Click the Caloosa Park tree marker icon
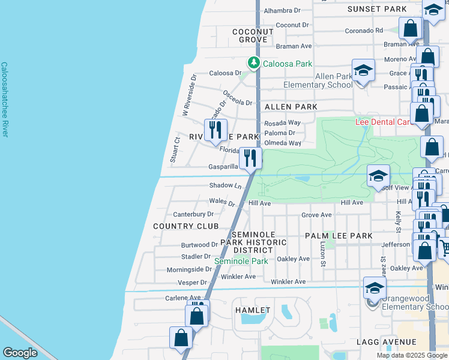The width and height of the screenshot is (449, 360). click(x=254, y=62)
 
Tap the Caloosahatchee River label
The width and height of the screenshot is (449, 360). click(x=4, y=99)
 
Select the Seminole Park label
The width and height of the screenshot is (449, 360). click(x=241, y=261)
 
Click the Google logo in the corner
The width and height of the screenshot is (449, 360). click(x=20, y=353)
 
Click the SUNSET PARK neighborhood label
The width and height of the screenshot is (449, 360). click(x=377, y=9)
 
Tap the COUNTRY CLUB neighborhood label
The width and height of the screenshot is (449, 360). click(x=185, y=226)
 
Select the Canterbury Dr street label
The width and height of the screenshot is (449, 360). click(x=193, y=214)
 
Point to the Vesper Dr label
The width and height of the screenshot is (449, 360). click(x=195, y=282)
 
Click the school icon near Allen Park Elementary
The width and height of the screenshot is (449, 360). click(x=363, y=71)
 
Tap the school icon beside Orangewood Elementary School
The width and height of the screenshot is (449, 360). click(x=375, y=289)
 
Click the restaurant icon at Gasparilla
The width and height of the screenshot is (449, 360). click(x=250, y=158)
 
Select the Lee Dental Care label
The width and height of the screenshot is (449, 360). click(x=382, y=122)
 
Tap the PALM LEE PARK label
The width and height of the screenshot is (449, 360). click(x=339, y=236)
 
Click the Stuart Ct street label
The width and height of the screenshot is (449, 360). click(x=175, y=150)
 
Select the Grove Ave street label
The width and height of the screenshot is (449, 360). click(x=316, y=215)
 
